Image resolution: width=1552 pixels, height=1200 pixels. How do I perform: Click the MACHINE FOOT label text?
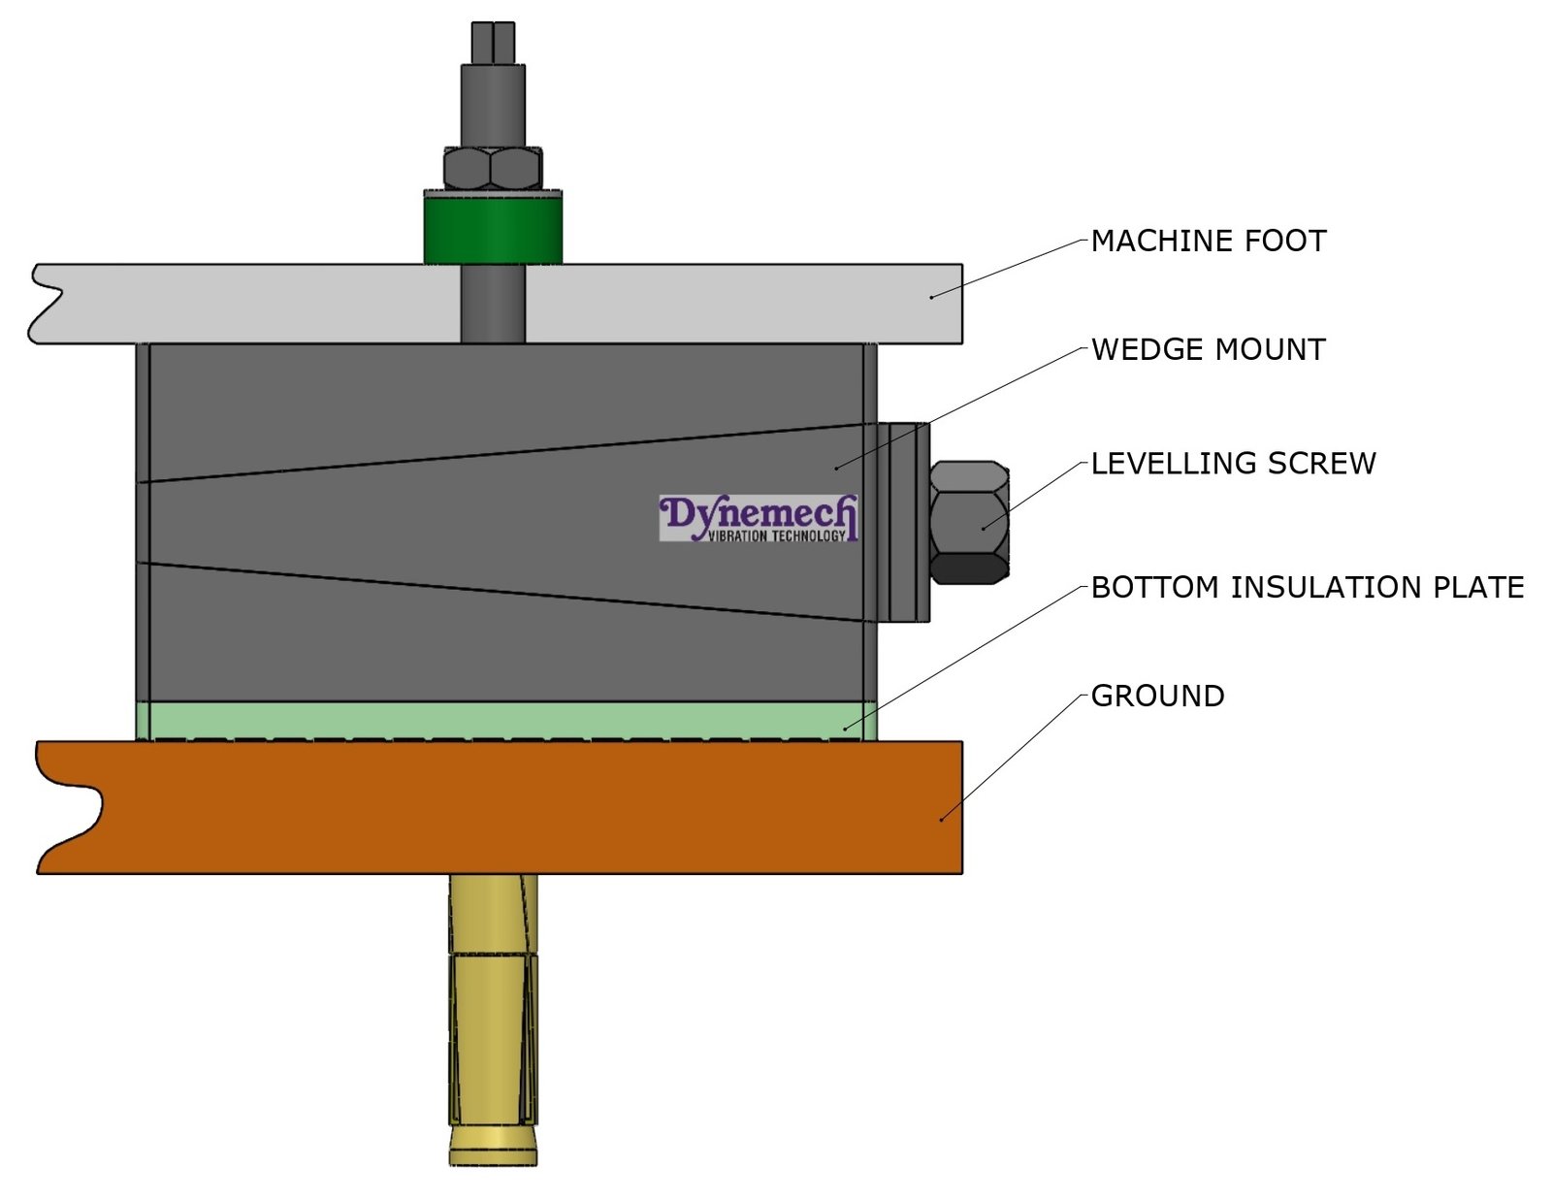[x=1208, y=241]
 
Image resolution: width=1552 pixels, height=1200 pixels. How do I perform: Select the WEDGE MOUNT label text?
[x=1208, y=349]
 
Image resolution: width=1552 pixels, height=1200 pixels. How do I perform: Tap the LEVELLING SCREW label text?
[x=1233, y=463]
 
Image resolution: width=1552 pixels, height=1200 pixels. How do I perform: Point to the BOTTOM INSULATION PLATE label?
[x=1307, y=587]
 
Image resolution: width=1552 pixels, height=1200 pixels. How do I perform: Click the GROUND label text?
[x=1157, y=696]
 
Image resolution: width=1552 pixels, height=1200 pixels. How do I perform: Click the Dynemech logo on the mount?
[x=758, y=518]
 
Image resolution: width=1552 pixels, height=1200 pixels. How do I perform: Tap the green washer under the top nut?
[x=493, y=228]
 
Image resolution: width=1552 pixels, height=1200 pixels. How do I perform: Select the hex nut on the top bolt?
[x=493, y=169]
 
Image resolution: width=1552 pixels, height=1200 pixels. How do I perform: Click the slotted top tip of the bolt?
[x=493, y=42]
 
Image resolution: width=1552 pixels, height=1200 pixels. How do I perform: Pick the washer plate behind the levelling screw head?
[x=903, y=521]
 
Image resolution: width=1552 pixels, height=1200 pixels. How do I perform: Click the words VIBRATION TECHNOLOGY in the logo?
[x=776, y=535]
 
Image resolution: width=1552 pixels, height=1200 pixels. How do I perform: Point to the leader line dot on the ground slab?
[x=941, y=820]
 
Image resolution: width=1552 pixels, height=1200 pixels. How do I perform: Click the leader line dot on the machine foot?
[x=931, y=296]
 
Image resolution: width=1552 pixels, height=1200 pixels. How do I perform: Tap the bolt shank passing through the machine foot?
[x=493, y=303]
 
